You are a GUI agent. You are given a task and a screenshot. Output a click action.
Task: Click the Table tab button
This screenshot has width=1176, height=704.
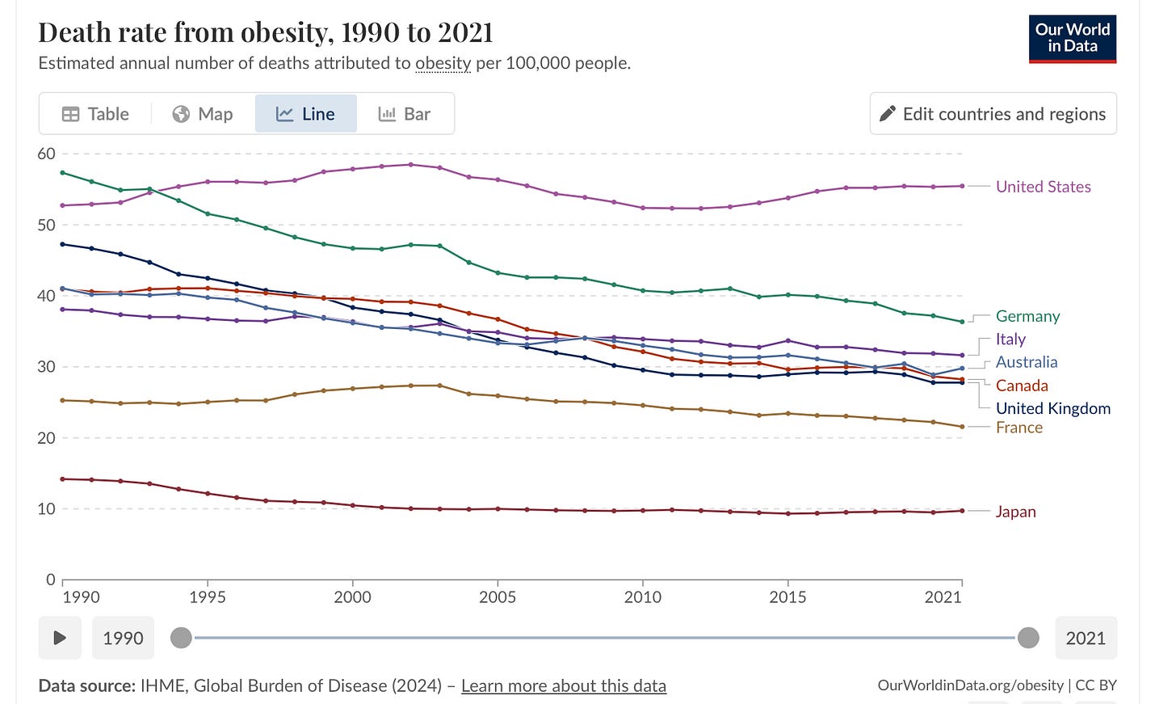coord(95,114)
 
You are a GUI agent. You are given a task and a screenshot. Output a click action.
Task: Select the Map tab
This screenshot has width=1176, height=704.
coord(203,114)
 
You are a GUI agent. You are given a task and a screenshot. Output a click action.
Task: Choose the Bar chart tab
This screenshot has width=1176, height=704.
coord(405,114)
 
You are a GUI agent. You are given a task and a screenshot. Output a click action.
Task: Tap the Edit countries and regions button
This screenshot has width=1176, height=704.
coord(993,114)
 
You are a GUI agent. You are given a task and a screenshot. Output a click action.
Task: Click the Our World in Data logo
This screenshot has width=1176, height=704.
coord(1072,39)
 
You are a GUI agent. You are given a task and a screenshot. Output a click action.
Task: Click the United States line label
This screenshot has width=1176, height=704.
coord(1043,187)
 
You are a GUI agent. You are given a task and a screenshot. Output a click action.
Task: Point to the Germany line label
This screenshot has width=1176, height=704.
coord(1027,316)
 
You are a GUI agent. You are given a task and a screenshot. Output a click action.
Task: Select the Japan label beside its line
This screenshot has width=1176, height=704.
coord(1015,512)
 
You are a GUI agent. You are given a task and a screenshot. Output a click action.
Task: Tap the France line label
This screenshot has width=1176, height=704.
coord(1018,428)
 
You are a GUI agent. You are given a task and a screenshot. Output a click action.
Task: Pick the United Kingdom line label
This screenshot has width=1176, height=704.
coord(1052,408)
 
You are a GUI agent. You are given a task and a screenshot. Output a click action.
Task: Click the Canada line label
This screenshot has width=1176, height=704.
coord(1022,386)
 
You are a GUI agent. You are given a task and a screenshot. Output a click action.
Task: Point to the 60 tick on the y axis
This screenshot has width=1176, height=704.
coord(47,154)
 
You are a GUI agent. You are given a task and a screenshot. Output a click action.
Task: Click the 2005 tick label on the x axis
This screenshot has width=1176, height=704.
coord(498,597)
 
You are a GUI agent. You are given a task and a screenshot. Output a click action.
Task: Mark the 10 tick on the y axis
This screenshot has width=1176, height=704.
coord(47,509)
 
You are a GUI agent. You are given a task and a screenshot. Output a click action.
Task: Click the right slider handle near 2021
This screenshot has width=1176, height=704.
coord(1028,638)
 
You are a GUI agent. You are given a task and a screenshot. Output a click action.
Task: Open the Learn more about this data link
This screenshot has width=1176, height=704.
coord(563,686)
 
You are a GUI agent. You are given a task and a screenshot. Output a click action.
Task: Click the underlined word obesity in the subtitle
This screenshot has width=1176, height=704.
coord(443,63)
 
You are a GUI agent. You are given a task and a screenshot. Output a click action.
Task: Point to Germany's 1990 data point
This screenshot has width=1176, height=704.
coord(63,173)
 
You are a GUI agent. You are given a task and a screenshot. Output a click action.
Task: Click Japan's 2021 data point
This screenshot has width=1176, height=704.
coord(962,511)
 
